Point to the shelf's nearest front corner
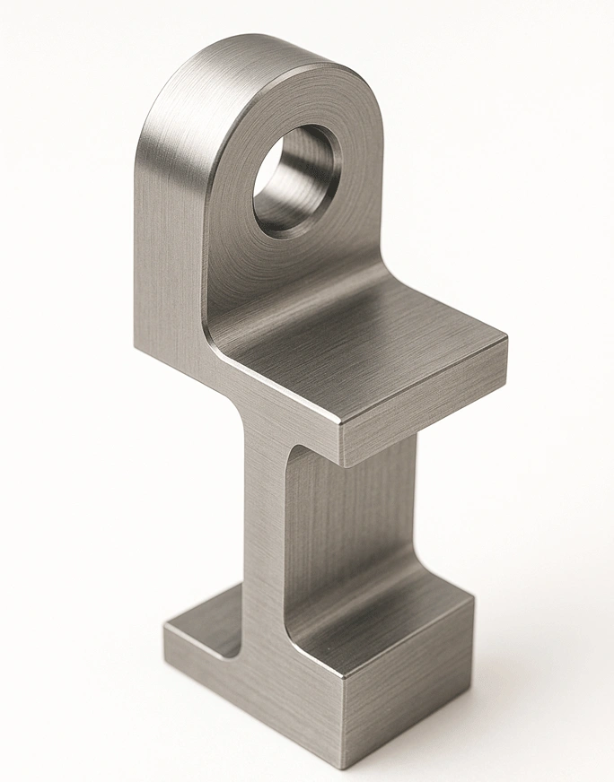tap(343, 421)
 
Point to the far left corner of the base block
tap(165, 623)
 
